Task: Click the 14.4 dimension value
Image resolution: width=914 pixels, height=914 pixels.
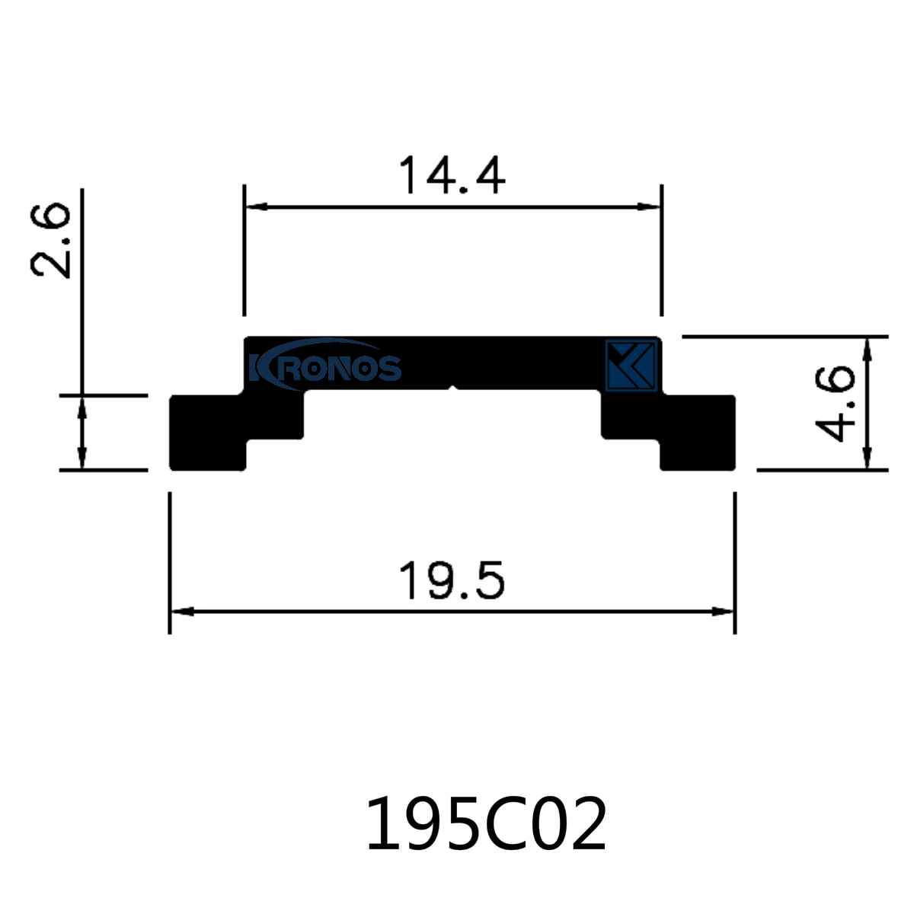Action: click(x=452, y=176)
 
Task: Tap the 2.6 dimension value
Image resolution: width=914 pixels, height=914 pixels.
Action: click(x=51, y=241)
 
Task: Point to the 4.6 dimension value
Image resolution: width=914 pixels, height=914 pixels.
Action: click(x=834, y=403)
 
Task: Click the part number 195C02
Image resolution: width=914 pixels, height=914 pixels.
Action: click(x=487, y=825)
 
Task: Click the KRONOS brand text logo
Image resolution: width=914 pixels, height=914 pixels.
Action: click(x=325, y=366)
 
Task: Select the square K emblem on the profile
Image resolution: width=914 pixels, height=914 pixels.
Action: click(x=631, y=366)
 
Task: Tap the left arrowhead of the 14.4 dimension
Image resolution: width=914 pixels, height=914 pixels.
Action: click(x=254, y=206)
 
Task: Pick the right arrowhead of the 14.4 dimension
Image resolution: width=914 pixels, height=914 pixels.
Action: click(x=650, y=206)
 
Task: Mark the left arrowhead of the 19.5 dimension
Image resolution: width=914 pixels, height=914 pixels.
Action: click(x=180, y=611)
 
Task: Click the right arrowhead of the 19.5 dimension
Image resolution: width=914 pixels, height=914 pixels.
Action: click(x=724, y=611)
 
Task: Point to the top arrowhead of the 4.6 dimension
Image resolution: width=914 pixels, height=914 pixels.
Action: click(x=867, y=347)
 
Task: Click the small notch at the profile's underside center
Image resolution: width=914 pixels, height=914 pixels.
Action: click(x=453, y=389)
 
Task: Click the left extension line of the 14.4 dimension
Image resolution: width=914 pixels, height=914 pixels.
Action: click(x=244, y=251)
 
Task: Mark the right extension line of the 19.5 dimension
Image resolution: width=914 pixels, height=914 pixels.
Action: click(x=735, y=564)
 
